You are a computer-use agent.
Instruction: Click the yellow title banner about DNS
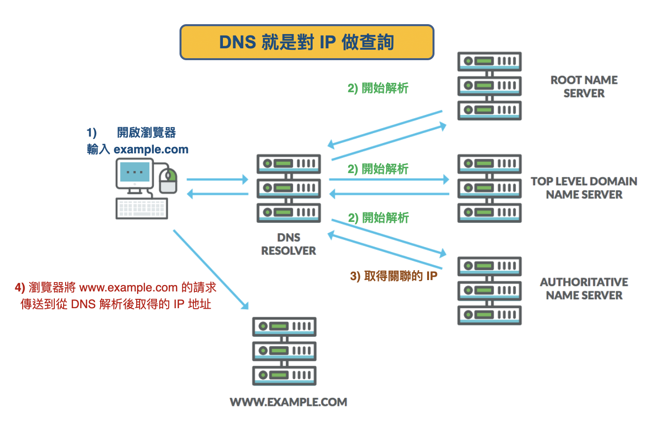(307, 42)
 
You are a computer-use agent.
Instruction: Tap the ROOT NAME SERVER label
(584, 87)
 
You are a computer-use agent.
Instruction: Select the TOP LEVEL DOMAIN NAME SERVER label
(584, 188)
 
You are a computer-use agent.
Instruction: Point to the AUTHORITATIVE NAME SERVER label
(584, 288)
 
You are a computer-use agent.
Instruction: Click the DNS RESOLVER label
(289, 244)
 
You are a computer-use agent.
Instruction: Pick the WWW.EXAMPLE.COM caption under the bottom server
(289, 402)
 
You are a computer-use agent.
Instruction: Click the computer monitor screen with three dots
(135, 172)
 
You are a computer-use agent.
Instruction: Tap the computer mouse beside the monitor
(168, 180)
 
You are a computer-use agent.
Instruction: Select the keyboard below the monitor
(142, 208)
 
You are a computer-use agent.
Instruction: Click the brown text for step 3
(394, 276)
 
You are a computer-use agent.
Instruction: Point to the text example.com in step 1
(151, 149)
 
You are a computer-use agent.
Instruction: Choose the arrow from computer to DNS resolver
(217, 179)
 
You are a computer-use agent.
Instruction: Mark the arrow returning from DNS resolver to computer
(217, 194)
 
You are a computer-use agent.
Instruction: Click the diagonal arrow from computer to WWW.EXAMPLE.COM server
(211, 270)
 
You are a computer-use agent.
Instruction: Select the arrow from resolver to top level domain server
(389, 179)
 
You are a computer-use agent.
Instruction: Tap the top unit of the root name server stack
(489, 62)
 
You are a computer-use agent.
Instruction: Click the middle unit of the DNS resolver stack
(289, 188)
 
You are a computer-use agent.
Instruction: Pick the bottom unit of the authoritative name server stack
(489, 315)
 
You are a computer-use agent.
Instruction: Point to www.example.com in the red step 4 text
(128, 287)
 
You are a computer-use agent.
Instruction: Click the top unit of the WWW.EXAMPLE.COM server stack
(284, 326)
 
